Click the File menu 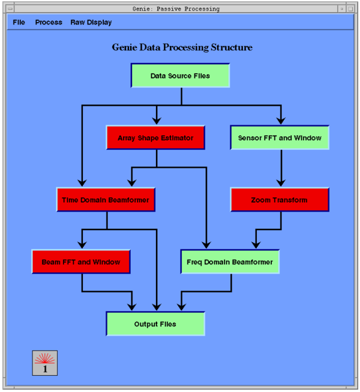(x=19, y=22)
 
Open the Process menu (x=49, y=22)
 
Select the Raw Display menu (x=91, y=23)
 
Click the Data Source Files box (x=180, y=76)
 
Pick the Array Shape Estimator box (x=155, y=137)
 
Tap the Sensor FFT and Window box (x=280, y=137)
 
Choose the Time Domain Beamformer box (x=106, y=200)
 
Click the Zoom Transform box (x=280, y=200)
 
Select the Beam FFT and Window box (x=81, y=262)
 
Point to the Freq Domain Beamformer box (x=230, y=262)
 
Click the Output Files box (x=155, y=324)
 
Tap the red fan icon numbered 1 (x=45, y=363)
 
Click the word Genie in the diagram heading (x=124, y=47)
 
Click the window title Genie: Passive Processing (x=176, y=9)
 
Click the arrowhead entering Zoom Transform (x=281, y=183)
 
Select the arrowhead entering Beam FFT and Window (x=82, y=245)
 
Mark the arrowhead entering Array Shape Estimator (x=157, y=120)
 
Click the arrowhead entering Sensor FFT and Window (x=281, y=120)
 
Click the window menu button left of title (x=10, y=9)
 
